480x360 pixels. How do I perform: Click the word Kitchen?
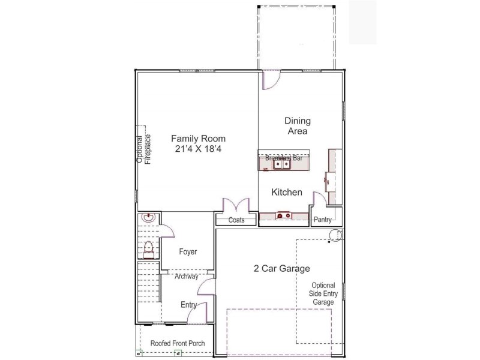point(287,193)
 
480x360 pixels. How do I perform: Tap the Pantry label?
point(323,220)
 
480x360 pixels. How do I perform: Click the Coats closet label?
point(236,220)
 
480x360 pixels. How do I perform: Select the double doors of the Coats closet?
point(236,205)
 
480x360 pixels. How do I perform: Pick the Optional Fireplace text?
point(143,149)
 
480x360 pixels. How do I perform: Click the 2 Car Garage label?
point(281,269)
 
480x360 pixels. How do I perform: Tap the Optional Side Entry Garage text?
point(323,294)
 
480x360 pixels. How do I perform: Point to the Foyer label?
point(188,252)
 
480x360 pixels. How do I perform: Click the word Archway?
point(187,277)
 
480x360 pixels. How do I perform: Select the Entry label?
point(189,305)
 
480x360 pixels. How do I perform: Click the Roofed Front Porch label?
point(178,343)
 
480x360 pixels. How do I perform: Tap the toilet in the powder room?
point(148,248)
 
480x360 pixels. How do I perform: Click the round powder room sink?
point(148,219)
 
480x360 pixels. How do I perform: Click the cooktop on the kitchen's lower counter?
point(283,215)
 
